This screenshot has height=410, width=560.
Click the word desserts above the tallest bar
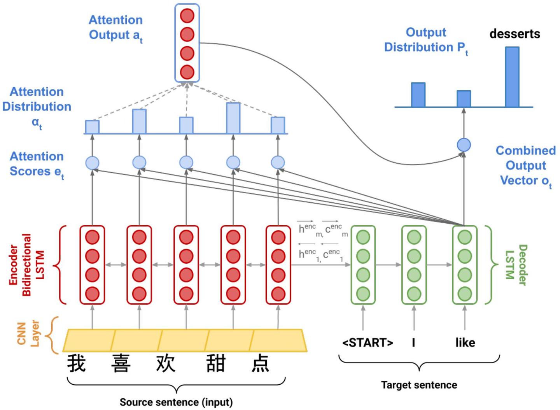[x=514, y=34]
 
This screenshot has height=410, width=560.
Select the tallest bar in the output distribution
[x=512, y=77]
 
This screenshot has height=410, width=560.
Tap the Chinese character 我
[x=77, y=363]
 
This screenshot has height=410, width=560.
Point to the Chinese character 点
[x=260, y=363]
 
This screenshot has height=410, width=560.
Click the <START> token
[x=367, y=343]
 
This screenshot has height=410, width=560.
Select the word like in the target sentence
[x=465, y=343]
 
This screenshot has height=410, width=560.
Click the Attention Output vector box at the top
[x=187, y=43]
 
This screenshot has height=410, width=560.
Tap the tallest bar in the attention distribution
[x=233, y=118]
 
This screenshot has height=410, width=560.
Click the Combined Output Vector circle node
[x=464, y=145]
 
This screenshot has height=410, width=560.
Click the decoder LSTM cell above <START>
[x=363, y=265]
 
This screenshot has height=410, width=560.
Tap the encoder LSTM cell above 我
[x=92, y=265]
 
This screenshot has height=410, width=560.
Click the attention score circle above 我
[x=92, y=163]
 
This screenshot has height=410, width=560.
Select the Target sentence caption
[x=419, y=385]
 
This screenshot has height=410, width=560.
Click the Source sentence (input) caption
[x=176, y=402]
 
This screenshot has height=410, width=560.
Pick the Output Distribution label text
[x=426, y=40]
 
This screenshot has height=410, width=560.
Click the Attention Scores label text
[x=37, y=164]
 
